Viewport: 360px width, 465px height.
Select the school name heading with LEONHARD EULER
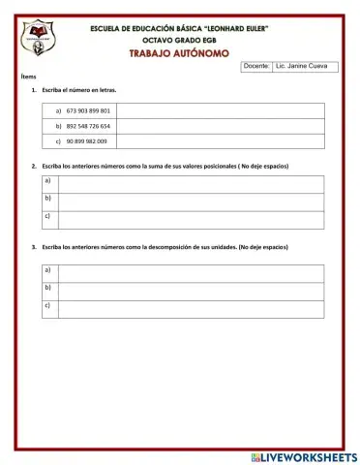click(x=179, y=29)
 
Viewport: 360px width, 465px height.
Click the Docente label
click(x=256, y=66)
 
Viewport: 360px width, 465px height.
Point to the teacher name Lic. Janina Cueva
click(x=301, y=66)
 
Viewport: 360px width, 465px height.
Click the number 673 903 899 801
click(x=88, y=111)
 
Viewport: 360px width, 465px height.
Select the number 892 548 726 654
click(x=88, y=126)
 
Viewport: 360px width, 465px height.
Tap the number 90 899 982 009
click(x=87, y=141)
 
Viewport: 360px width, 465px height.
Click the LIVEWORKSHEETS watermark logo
click(x=303, y=456)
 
